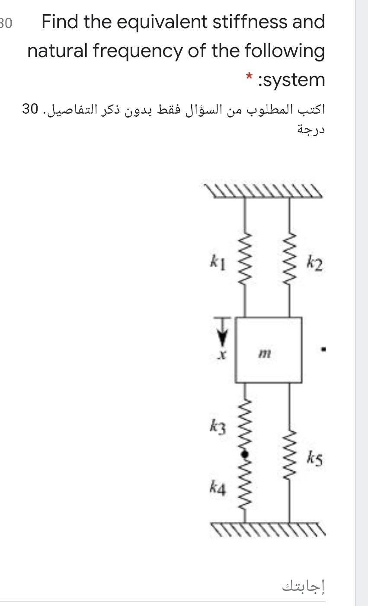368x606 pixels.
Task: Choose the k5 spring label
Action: (x=315, y=456)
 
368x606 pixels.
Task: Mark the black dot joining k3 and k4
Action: (x=245, y=454)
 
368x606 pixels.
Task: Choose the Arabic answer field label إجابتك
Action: (x=303, y=586)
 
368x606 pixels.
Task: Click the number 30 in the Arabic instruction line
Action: (x=30, y=109)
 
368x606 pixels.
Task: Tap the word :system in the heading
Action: (x=291, y=80)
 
